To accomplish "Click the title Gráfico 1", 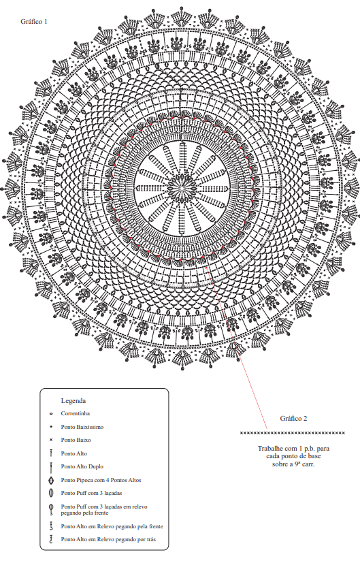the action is pos(34,21).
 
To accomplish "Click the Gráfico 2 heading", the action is pos(293,419).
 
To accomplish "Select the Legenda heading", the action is pos(73,401).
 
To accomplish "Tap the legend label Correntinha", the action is pos(75,414).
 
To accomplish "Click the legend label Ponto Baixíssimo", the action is pos(82,427).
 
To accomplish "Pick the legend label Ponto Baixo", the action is pos(76,440).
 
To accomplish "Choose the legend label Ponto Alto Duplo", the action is pos(82,466).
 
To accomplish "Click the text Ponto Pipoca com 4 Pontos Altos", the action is pos(101,480).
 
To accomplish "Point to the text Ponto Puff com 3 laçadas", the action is pos(91,493).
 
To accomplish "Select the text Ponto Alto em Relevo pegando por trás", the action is pos(108,539).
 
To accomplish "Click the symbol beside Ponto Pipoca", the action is pos(51,481).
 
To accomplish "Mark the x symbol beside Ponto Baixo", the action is pos(51,440).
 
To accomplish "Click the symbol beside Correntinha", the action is pos(51,414).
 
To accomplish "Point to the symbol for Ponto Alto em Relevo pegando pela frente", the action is pos(51,526).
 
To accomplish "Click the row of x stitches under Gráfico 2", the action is pos(293,433).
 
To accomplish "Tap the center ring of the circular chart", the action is pos(182,188).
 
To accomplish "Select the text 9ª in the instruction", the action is pos(297,464).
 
